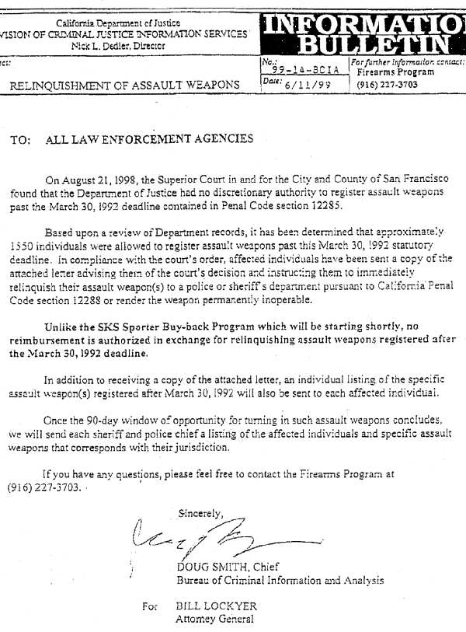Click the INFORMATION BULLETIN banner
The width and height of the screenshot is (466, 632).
(x=362, y=29)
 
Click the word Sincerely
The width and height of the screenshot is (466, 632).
(x=200, y=513)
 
